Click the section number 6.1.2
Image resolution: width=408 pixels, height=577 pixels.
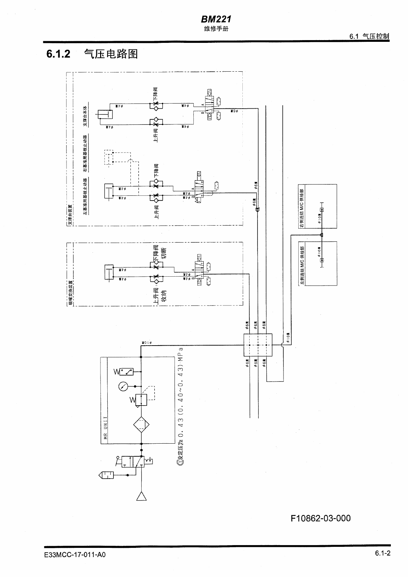tap(59, 54)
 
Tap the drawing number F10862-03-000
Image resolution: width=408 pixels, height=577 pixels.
tap(321, 518)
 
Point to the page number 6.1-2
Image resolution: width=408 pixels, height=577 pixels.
tap(383, 553)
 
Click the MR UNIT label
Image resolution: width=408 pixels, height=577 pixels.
tap(105, 428)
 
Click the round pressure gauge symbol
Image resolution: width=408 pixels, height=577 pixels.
tap(123, 386)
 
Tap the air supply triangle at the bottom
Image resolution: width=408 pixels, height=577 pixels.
tap(141, 496)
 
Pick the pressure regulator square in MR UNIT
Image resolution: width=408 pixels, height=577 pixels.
tap(141, 400)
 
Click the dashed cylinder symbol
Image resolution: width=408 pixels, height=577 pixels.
tap(109, 157)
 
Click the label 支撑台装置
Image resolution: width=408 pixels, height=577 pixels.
tap(70, 215)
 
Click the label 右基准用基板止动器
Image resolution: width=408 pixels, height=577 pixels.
tap(85, 154)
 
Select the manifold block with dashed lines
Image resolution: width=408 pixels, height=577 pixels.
tap(257, 345)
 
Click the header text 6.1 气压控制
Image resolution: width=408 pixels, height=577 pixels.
tap(369, 36)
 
